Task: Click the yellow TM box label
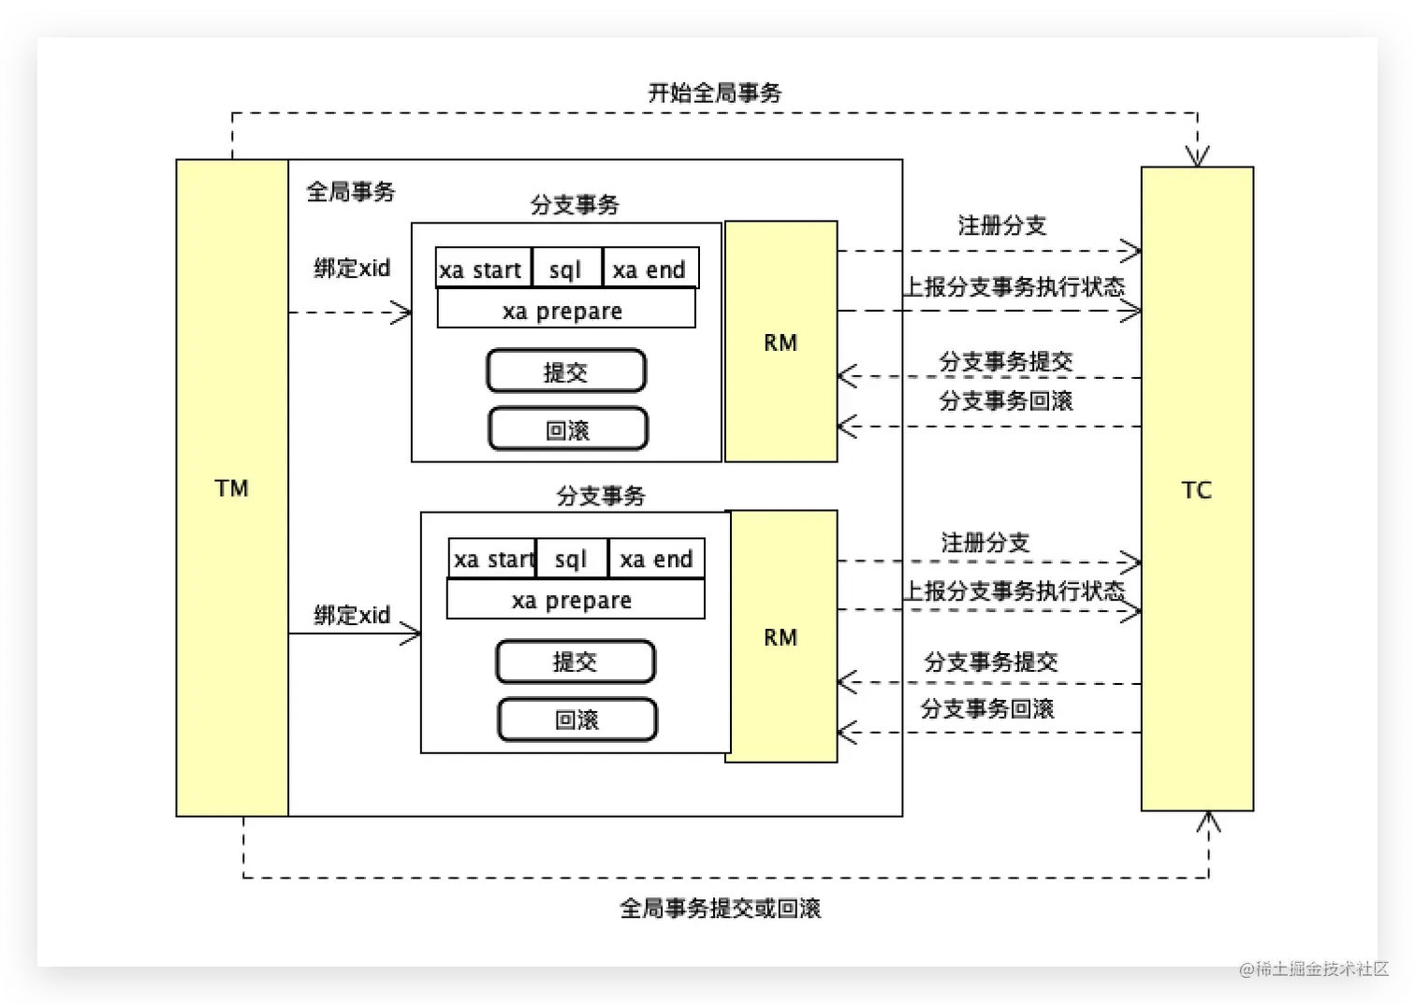[231, 488]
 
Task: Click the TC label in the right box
[1196, 490]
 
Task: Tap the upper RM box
[780, 342]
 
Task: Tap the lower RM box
[780, 637]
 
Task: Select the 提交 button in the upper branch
[566, 372]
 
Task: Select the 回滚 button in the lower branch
[576, 720]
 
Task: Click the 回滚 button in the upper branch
[567, 430]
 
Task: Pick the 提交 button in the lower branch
[575, 662]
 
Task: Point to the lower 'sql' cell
[571, 560]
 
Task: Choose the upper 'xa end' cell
[649, 270]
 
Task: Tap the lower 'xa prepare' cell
[573, 601]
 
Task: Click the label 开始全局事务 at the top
[715, 93]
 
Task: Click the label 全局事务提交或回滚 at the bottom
[720, 909]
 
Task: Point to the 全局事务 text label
[351, 192]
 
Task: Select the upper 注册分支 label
[1001, 226]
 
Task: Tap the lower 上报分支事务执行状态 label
[1014, 591]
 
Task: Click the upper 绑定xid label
[352, 269]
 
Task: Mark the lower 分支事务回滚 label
[987, 709]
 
